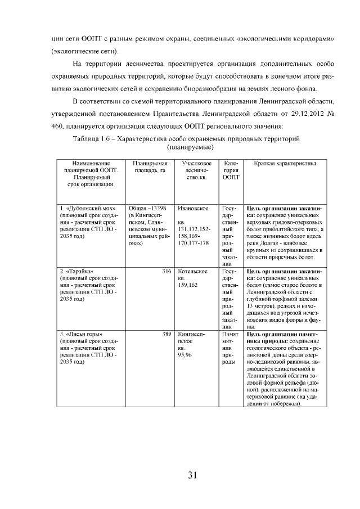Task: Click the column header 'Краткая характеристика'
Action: coord(285,163)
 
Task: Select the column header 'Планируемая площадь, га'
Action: coord(147,166)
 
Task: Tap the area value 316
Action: coord(166,272)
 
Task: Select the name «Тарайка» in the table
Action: coord(79,272)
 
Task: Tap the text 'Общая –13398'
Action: coord(147,209)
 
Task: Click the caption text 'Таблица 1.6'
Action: coord(93,138)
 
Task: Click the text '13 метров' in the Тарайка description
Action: coord(260,307)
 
